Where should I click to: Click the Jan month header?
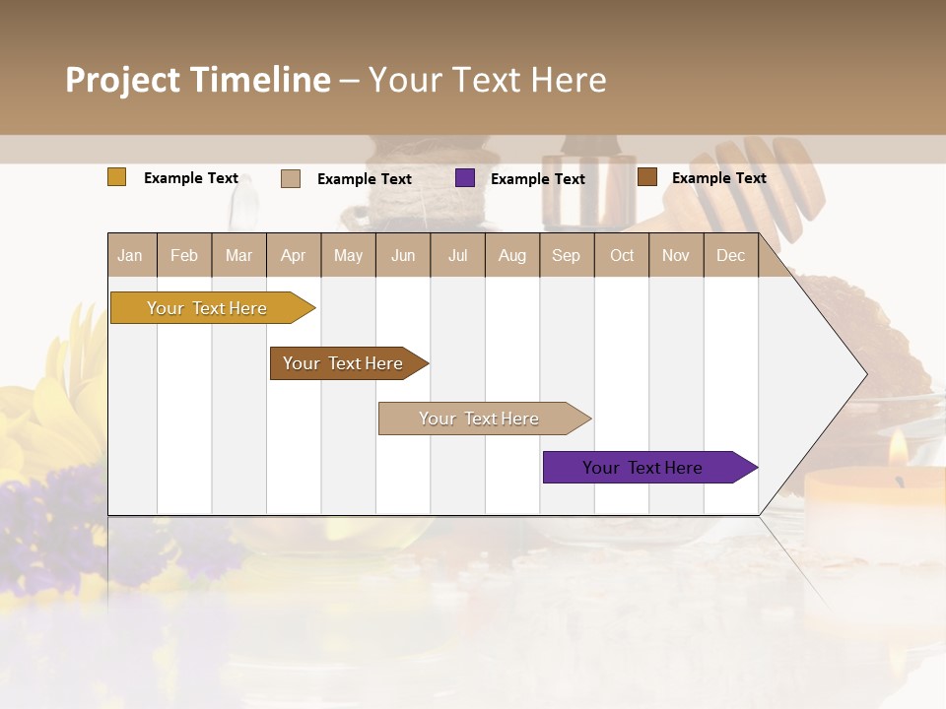coord(130,256)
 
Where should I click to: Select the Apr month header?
coord(293,256)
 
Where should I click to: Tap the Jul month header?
coord(457,256)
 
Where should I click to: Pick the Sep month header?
coord(566,256)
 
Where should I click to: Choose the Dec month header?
coord(730,256)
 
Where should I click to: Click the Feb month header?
coord(184,256)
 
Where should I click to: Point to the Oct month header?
coord(622,256)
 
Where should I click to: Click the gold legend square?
coord(117,177)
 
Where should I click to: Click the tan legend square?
coord(291,178)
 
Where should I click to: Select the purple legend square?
coord(465,178)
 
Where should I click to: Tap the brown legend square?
coord(647,177)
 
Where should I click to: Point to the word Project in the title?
coord(121,80)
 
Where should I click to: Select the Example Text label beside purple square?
coord(538,179)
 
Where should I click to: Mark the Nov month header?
coord(676,256)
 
